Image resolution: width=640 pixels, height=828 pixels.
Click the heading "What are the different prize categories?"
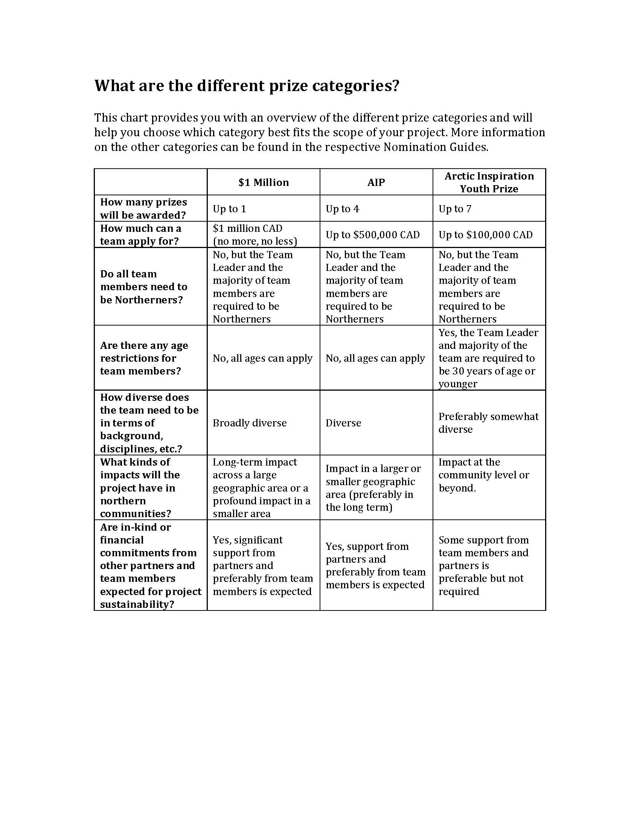pyautogui.click(x=247, y=86)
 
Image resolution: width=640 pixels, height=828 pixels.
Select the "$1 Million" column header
pyautogui.click(x=264, y=183)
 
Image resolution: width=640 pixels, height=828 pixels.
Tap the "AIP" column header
pyautogui.click(x=376, y=183)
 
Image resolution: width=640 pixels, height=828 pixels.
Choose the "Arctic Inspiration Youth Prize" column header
pyautogui.click(x=489, y=183)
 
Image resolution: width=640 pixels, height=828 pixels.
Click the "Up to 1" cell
pyautogui.click(x=229, y=209)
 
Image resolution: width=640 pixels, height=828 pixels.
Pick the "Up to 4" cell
pyautogui.click(x=342, y=209)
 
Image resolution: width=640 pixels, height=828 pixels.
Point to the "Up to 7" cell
pyautogui.click(x=455, y=209)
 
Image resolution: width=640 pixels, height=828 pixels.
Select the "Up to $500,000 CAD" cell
pyautogui.click(x=373, y=235)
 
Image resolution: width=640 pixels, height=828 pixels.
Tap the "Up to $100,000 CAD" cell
pyautogui.click(x=486, y=235)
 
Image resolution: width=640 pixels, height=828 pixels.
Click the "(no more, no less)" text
pyautogui.click(x=255, y=241)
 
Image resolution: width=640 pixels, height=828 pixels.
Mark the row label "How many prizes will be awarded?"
pyautogui.click(x=143, y=209)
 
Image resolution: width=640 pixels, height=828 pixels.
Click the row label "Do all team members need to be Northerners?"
pyautogui.click(x=143, y=287)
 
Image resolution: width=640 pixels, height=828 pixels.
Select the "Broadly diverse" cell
pyautogui.click(x=250, y=423)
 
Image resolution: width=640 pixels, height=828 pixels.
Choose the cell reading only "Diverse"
pyautogui.click(x=343, y=423)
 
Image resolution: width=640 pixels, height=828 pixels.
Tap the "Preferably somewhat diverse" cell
pyautogui.click(x=488, y=423)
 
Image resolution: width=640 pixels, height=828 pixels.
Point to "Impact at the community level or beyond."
pyautogui.click(x=484, y=475)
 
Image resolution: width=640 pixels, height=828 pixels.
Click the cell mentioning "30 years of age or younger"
pyautogui.click(x=488, y=358)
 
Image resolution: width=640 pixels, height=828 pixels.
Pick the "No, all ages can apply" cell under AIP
pyautogui.click(x=375, y=358)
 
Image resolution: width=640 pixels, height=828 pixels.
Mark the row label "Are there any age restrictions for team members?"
pyautogui.click(x=144, y=358)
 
